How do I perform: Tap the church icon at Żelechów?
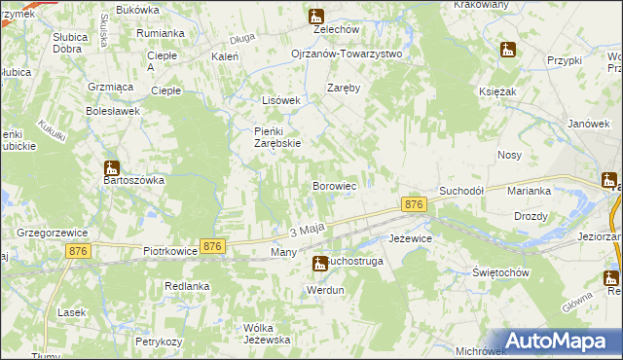315,17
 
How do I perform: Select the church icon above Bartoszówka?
112,166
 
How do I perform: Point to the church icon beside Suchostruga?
319,263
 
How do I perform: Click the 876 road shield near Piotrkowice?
213,247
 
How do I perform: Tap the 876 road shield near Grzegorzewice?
80,251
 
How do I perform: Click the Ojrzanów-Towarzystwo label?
347,54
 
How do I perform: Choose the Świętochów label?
499,272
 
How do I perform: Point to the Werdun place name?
325,290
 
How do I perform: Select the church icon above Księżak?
507,49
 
